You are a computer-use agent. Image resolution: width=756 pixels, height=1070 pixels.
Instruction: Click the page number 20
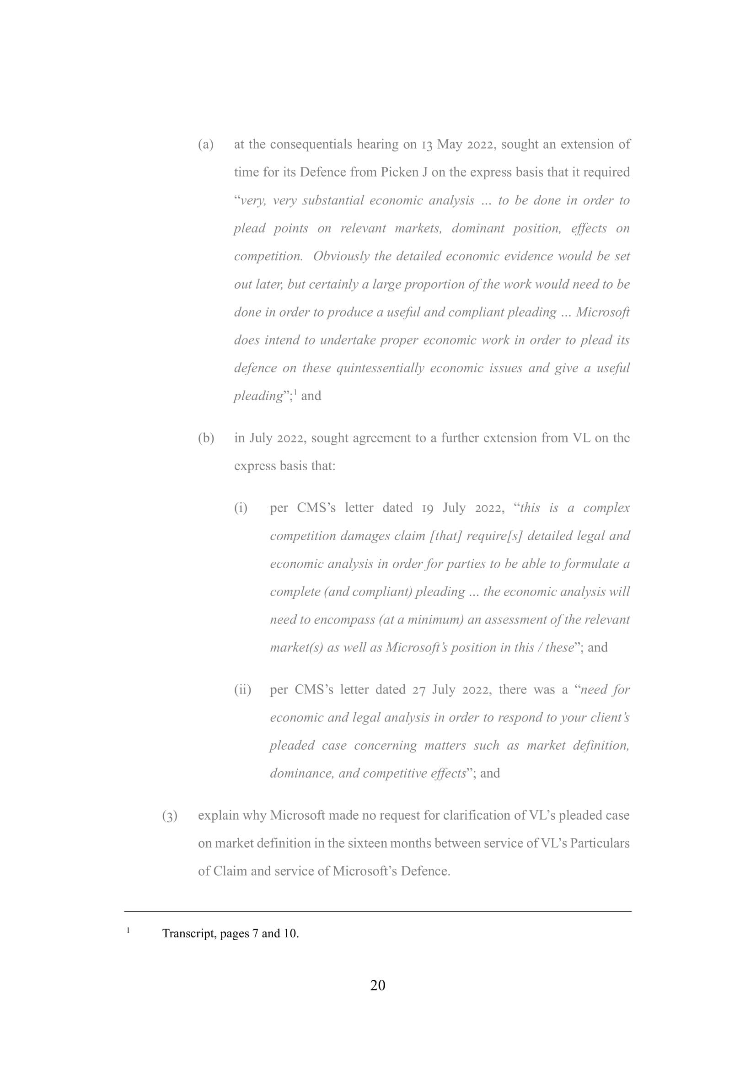[378, 985]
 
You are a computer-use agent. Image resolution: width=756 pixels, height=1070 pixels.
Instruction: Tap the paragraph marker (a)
[206, 145]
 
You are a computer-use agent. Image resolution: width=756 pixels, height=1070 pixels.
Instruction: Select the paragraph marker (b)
[206, 438]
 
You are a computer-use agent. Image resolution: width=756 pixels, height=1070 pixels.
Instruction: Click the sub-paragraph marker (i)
[241, 508]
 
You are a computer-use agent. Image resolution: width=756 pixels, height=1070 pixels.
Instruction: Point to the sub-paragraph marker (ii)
[242, 690]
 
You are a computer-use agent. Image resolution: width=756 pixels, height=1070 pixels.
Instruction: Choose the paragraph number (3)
[170, 816]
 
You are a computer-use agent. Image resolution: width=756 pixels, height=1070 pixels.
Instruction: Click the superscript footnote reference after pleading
[295, 393]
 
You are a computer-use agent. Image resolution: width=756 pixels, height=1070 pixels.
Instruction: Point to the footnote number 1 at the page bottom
[128, 930]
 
